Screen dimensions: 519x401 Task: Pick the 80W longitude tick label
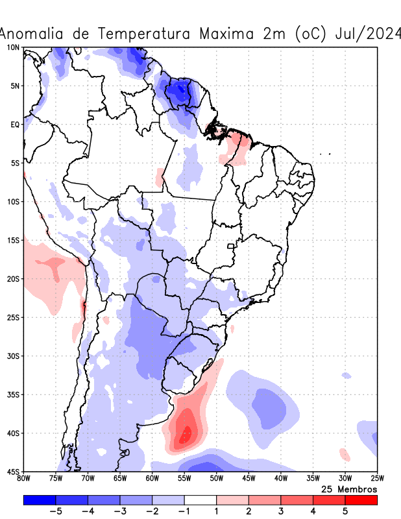(23, 479)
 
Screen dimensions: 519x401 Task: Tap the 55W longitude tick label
(184, 479)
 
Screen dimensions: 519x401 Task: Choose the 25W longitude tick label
(377, 479)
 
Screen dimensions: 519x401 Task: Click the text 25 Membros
(349, 489)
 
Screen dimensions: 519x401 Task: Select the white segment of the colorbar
(200, 500)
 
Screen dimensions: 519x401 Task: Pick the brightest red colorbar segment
(361, 500)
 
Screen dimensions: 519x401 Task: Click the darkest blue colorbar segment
(39, 500)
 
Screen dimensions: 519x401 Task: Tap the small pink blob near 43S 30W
(345, 455)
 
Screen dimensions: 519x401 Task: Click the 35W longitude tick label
(313, 479)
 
